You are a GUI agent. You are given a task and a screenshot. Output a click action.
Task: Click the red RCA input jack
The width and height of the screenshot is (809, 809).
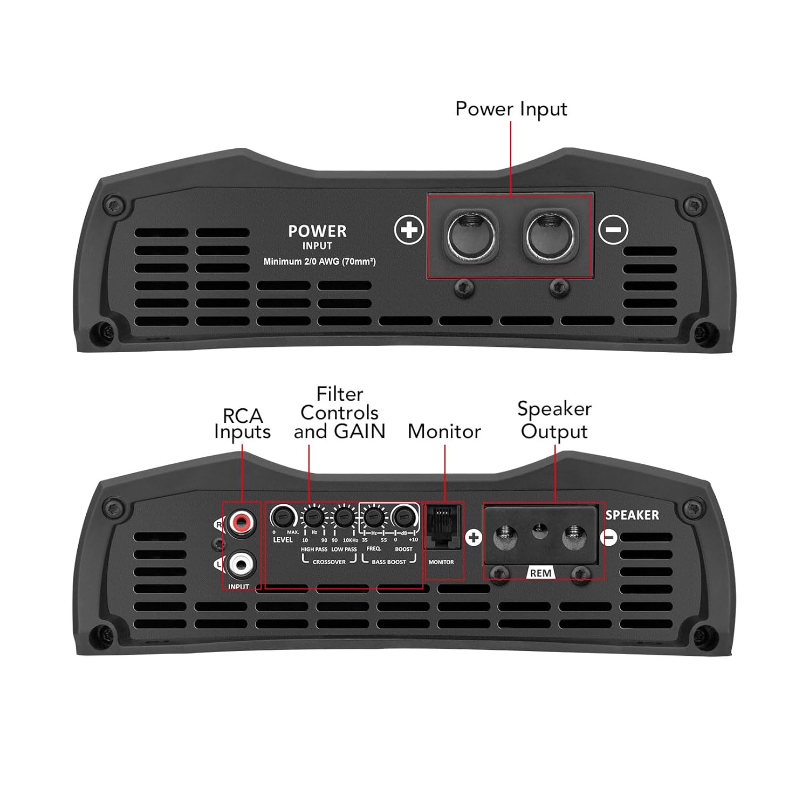[x=240, y=522]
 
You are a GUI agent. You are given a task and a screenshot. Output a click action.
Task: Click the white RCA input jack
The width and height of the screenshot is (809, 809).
[x=240, y=565]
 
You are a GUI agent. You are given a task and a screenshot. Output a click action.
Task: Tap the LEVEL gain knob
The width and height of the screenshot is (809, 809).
[x=282, y=518]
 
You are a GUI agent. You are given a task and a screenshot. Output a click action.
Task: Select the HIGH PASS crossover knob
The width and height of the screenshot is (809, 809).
[x=313, y=518]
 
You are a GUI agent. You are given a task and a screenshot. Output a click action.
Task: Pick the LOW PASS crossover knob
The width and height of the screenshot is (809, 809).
[x=343, y=518]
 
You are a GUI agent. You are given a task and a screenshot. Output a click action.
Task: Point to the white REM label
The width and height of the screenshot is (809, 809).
[x=540, y=573]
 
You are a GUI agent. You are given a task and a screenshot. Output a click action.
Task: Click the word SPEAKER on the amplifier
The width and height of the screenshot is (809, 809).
[x=632, y=515]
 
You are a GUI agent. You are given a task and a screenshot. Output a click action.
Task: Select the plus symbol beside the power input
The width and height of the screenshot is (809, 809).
[x=409, y=230]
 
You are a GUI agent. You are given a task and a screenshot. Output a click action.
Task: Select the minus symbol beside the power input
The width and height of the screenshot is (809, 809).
[x=614, y=229]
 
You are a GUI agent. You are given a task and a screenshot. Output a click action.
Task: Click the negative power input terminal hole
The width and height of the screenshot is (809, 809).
[x=550, y=235]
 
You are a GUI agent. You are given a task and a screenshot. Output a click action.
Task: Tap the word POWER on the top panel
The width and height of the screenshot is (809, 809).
[x=317, y=231]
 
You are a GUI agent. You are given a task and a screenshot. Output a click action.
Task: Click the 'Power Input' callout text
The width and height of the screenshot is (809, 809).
[x=511, y=109]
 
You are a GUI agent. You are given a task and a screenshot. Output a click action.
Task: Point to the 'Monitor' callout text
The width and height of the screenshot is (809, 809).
[x=444, y=431]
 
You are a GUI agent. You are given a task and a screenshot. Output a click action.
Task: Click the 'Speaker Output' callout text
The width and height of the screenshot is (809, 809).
[x=554, y=420]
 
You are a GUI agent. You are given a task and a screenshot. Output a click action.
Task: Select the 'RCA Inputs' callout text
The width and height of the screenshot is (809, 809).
[x=242, y=424]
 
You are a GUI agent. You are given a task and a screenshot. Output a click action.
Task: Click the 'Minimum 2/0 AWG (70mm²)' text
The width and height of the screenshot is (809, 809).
[x=319, y=262]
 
